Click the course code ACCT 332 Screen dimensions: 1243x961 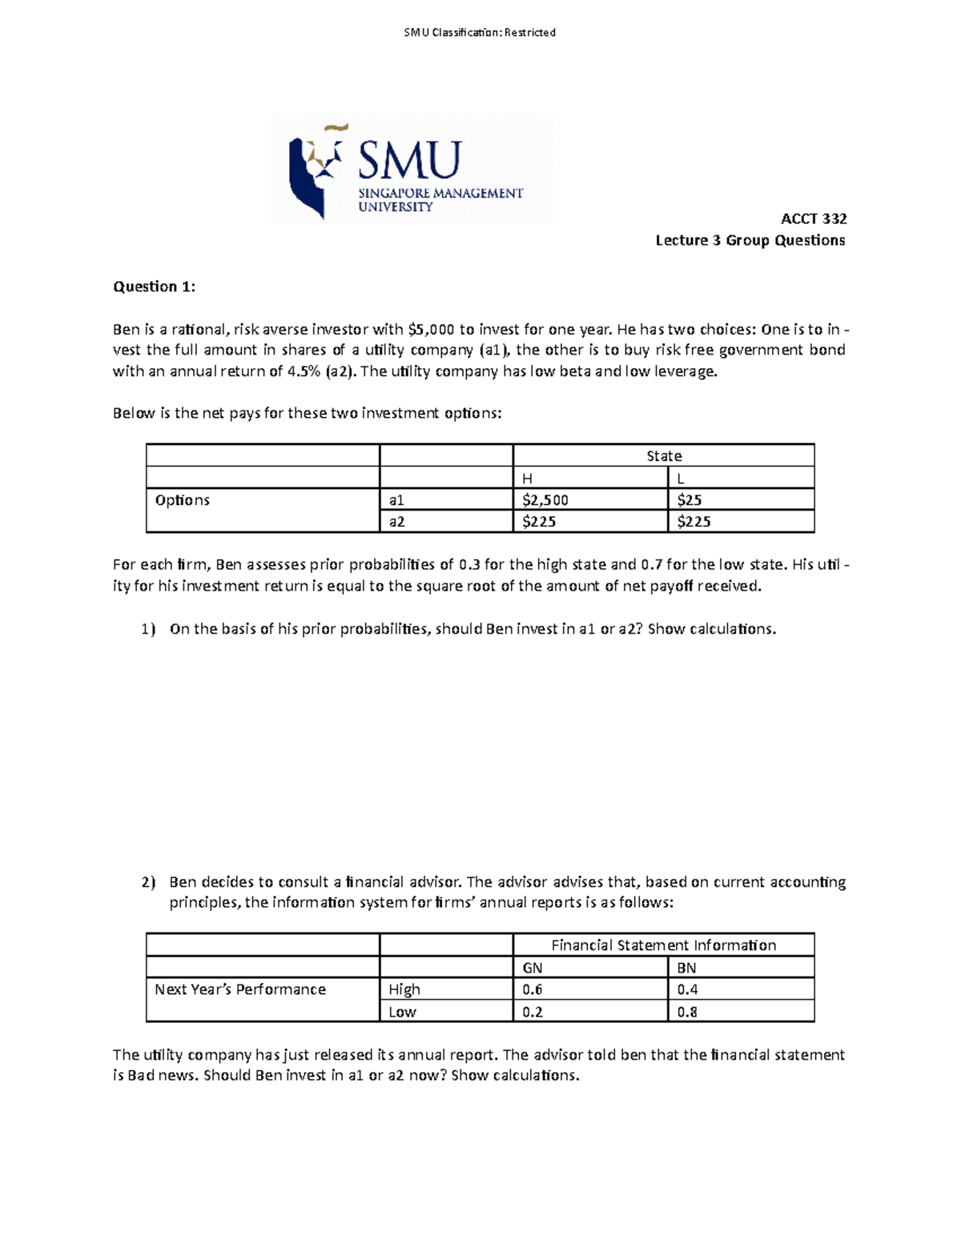(814, 219)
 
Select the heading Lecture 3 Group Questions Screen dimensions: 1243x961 (750, 240)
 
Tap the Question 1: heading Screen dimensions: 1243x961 (154, 287)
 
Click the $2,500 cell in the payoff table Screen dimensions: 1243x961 (545, 500)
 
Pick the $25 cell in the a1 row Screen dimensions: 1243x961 (689, 500)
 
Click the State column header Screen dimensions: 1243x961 (664, 456)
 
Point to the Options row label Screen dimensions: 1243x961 (183, 500)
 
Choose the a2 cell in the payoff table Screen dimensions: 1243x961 (397, 522)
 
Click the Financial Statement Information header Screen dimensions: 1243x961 (664, 945)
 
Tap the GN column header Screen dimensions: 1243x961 (532, 968)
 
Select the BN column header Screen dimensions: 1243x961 (686, 968)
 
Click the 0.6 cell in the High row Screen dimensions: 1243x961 (532, 989)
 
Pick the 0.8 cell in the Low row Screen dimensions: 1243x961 (686, 1012)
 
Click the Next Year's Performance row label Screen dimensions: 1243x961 (240, 989)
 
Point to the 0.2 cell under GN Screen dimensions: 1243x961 (532, 1012)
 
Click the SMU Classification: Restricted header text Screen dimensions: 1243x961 (480, 33)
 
